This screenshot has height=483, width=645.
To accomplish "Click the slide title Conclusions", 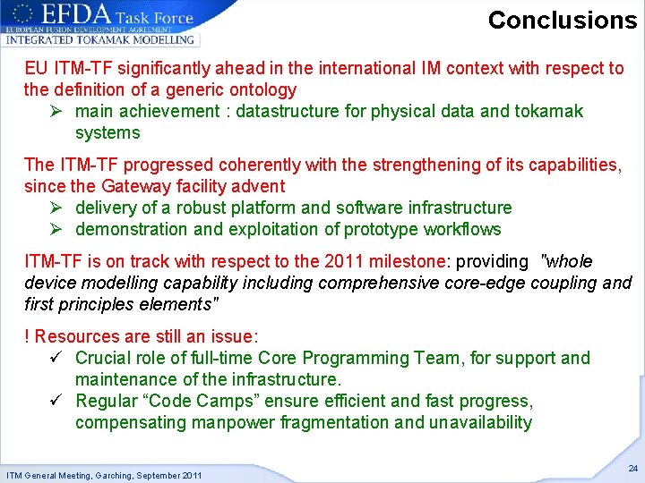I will (x=562, y=20).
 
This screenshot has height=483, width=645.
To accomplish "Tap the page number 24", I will (x=633, y=469).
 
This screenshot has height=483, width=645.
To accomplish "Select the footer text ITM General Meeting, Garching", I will (x=104, y=474).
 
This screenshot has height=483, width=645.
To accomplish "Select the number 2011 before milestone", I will (x=346, y=261).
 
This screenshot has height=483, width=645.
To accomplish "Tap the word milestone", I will (x=406, y=261).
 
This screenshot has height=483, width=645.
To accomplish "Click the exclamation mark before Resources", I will (x=27, y=336).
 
